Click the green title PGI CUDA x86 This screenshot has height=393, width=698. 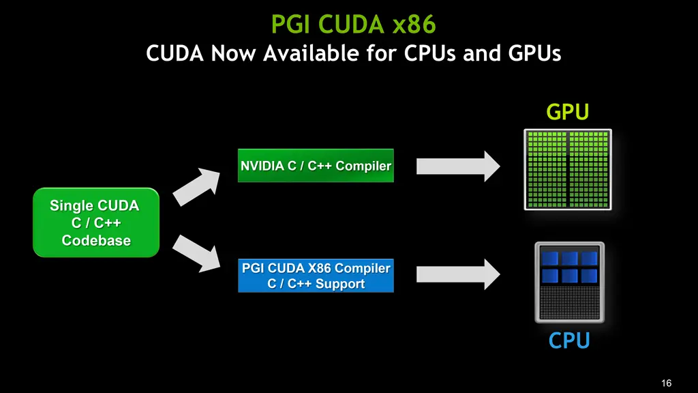(353, 25)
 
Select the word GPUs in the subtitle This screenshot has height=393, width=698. (528, 53)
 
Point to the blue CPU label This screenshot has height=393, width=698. (569, 340)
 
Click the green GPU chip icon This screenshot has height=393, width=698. (567, 169)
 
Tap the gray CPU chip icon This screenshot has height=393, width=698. (568, 282)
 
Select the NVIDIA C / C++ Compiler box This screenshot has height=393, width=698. (316, 166)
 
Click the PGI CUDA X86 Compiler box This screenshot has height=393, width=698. (316, 276)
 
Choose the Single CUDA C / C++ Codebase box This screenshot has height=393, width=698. (96, 223)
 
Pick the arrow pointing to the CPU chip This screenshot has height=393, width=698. (459, 274)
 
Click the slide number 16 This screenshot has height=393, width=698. (667, 382)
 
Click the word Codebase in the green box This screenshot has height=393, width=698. (96, 240)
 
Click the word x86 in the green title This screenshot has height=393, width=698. (414, 25)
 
